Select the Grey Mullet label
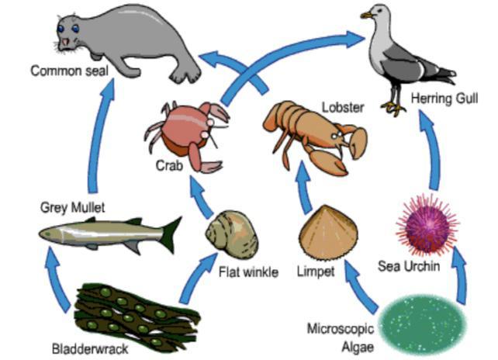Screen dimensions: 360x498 coord(72,208)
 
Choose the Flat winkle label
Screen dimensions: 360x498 coord(247,273)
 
